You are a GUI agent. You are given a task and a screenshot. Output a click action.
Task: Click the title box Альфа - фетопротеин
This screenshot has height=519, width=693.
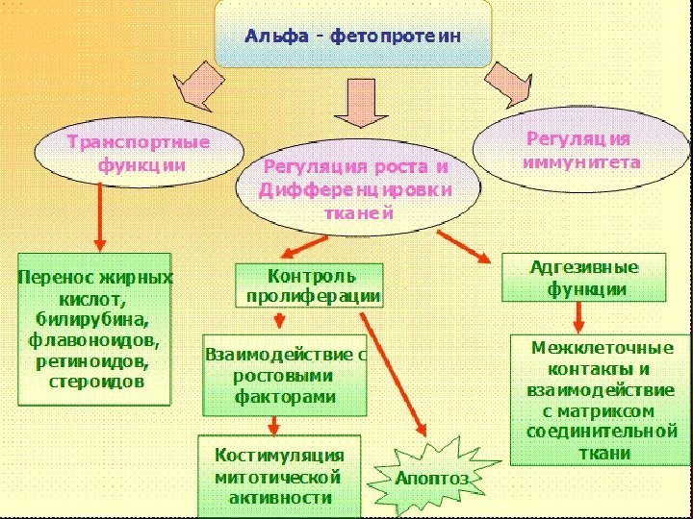click(x=352, y=36)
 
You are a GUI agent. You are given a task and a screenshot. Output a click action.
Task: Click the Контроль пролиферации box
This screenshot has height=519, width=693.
click(x=310, y=285)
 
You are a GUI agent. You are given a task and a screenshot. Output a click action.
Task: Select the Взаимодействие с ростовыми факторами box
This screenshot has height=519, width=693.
click(x=284, y=375)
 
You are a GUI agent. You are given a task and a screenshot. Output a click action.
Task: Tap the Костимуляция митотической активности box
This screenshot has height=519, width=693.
click(x=279, y=475)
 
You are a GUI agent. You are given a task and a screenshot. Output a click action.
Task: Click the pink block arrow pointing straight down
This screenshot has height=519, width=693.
click(x=359, y=103)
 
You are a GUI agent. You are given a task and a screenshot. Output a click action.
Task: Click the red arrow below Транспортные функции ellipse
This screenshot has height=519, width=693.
click(x=99, y=215)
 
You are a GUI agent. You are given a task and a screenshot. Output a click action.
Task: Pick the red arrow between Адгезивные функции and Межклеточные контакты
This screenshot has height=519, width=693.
click(x=578, y=316)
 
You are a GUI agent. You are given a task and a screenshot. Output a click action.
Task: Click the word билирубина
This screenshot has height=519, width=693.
click(x=98, y=320)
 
